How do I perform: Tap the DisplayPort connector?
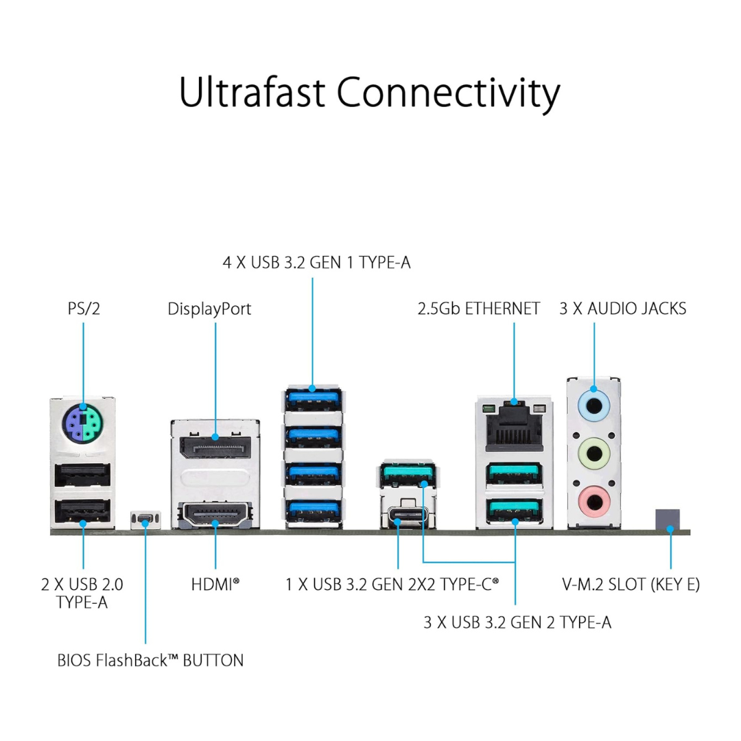(x=215, y=447)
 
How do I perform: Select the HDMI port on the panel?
(x=215, y=515)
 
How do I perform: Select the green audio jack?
(x=594, y=454)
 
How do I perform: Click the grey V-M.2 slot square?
(x=667, y=520)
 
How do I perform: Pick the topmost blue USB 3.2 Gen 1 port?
(x=312, y=399)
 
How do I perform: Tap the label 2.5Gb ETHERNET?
(x=479, y=309)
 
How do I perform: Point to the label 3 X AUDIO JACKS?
(x=623, y=309)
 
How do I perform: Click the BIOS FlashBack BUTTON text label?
(x=150, y=661)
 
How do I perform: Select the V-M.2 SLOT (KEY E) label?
(x=631, y=585)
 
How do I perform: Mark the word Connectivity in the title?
(x=449, y=92)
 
